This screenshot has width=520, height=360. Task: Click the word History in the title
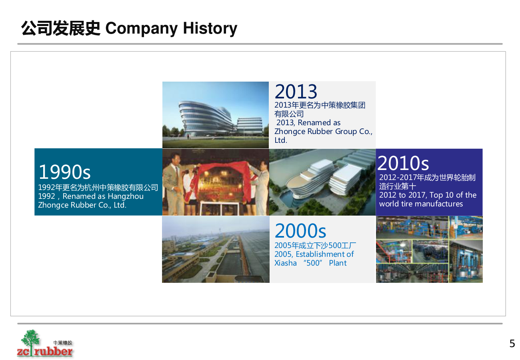(x=210, y=28)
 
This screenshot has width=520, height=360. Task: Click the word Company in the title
(x=141, y=29)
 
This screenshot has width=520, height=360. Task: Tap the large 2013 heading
(x=296, y=92)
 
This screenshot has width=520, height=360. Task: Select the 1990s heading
(x=64, y=172)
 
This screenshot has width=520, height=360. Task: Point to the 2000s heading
(x=300, y=231)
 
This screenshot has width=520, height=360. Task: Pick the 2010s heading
(x=403, y=163)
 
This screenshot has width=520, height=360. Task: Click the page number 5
(x=512, y=343)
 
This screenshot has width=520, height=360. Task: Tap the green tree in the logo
(x=30, y=339)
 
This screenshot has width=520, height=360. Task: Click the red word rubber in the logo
(x=53, y=351)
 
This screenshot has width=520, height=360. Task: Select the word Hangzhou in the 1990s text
(x=126, y=196)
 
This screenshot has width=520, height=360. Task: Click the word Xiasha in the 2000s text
(x=286, y=263)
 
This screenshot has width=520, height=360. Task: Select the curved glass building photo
(x=216, y=115)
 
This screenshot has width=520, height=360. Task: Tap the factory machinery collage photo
(x=429, y=249)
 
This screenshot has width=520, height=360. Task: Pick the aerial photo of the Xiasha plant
(x=216, y=249)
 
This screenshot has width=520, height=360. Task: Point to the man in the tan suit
(x=174, y=183)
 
